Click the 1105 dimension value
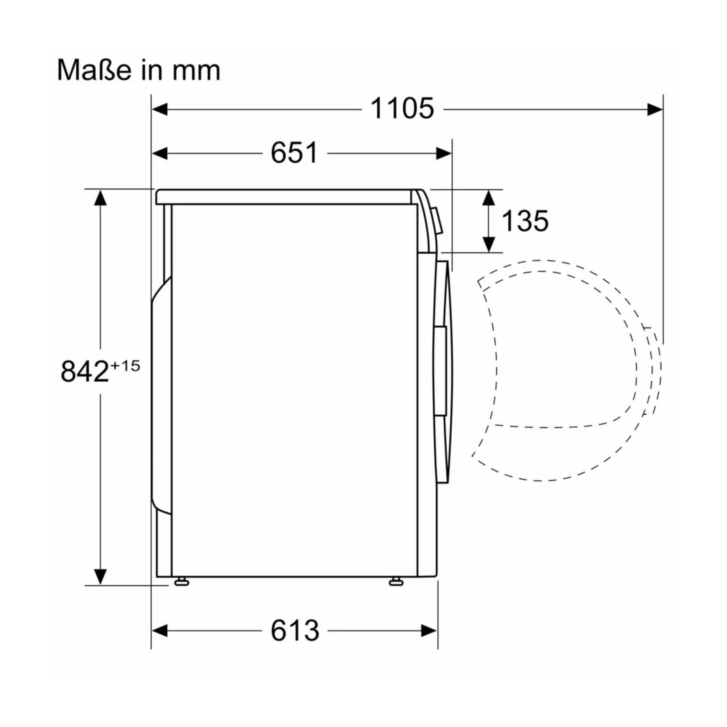tap(402, 109)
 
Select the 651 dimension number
tap(294, 153)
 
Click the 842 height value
tap(85, 371)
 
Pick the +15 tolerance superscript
tap(125, 365)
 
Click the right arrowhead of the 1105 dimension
tap(655, 110)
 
